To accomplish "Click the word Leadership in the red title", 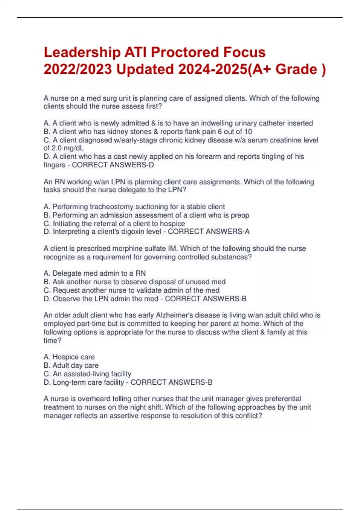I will (82, 52).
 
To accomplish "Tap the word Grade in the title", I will (296, 69).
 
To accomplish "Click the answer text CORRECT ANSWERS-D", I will (113, 165).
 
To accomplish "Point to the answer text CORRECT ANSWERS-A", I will (208, 232).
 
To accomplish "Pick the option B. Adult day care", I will (71, 365).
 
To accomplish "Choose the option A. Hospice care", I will (69, 357).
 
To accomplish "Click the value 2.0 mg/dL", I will (67, 148).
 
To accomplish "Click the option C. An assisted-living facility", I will (88, 374).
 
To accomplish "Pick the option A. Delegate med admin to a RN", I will (95, 273).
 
